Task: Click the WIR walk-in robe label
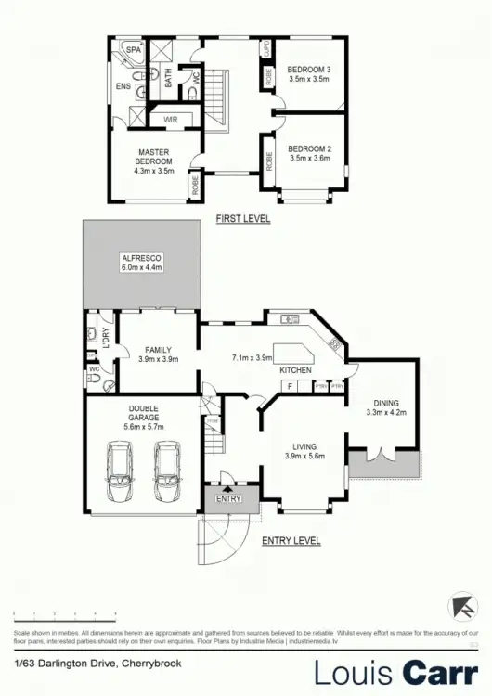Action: [171, 120]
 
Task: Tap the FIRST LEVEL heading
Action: [243, 219]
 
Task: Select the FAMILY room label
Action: [157, 351]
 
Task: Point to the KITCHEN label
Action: [295, 370]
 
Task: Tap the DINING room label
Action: [386, 403]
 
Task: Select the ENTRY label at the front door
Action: [227, 499]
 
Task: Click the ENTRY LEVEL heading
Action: [291, 540]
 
